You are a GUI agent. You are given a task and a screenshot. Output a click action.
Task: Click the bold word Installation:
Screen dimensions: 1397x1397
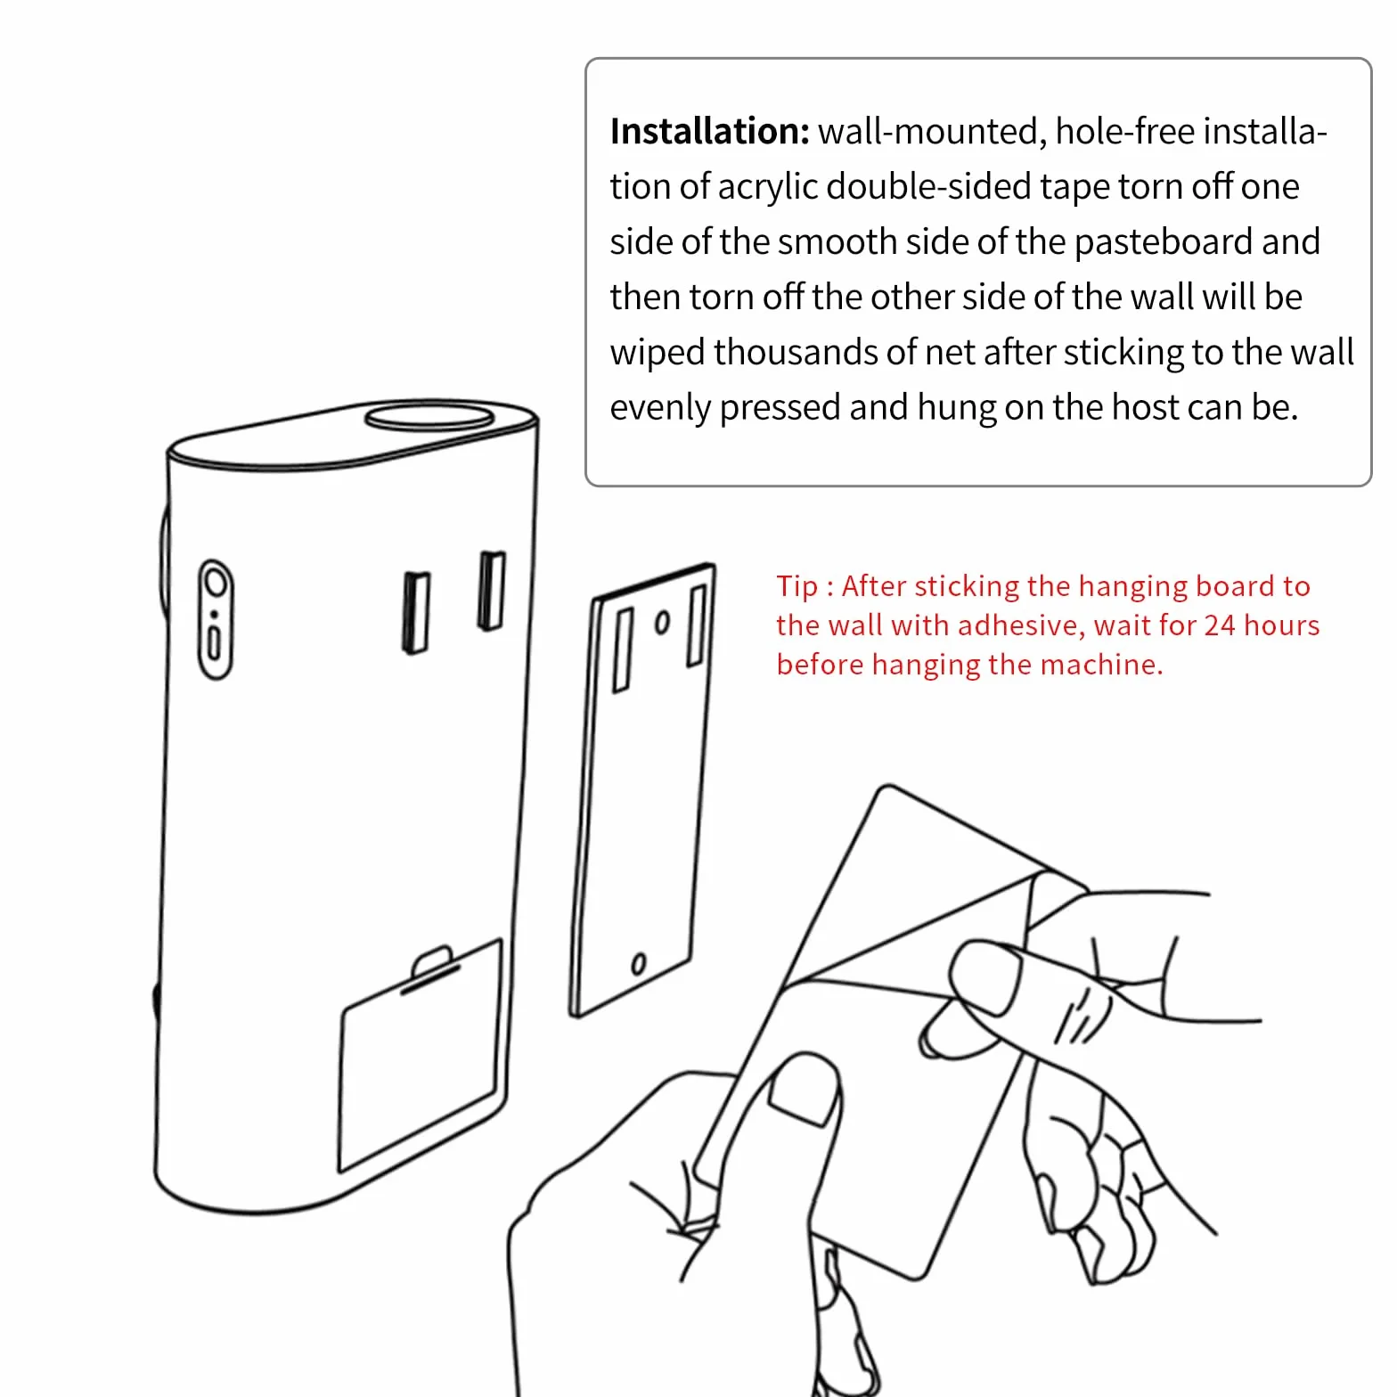coord(709,131)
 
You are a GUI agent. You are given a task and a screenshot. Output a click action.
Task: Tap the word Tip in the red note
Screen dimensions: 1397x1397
coord(796,587)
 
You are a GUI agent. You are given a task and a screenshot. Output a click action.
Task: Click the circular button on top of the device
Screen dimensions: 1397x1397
coord(429,416)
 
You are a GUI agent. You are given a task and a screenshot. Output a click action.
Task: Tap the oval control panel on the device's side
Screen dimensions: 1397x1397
coord(215,619)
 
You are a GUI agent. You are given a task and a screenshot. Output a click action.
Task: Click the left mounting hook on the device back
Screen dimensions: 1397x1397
coord(415,612)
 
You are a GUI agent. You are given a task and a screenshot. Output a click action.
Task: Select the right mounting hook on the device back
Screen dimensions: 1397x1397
coord(491,591)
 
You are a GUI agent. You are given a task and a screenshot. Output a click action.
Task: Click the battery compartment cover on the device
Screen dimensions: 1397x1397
coord(419,1055)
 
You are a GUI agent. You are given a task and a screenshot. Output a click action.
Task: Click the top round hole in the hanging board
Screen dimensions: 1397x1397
coord(662,623)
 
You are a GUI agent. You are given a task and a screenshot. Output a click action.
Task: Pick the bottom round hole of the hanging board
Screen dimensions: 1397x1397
coord(638,964)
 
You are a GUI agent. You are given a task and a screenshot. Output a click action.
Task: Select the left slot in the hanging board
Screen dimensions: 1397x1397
coord(624,650)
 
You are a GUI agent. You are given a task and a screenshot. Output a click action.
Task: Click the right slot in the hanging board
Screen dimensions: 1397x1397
coord(698,625)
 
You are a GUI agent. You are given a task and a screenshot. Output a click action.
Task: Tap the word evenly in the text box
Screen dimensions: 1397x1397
coord(660,408)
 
